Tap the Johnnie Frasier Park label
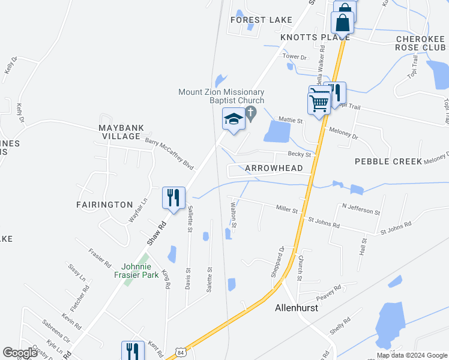[x=140, y=271]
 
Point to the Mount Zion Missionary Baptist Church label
[x=221, y=96]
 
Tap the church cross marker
[x=252, y=112]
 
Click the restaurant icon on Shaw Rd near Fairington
[x=174, y=198]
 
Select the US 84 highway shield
[x=180, y=350]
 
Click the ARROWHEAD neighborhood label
[x=274, y=169]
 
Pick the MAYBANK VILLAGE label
[x=120, y=132]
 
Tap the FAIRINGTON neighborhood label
[x=104, y=205]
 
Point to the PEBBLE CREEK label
[x=388, y=161]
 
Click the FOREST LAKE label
[x=262, y=20]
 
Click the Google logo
[x=20, y=353]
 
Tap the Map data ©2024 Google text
[x=411, y=355]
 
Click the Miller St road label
[x=287, y=209]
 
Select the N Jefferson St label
[x=361, y=209]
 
